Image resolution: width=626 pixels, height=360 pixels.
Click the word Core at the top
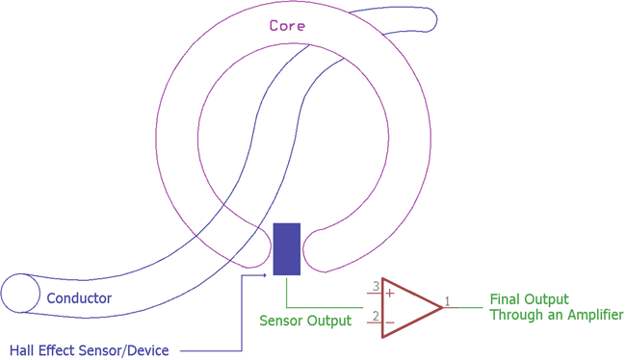(x=288, y=26)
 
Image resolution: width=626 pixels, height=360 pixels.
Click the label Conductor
(x=79, y=298)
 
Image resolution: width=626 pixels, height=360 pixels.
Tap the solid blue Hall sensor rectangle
(x=287, y=248)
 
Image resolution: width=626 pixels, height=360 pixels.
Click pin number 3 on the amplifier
(x=375, y=286)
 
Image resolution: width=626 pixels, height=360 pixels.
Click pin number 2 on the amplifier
(x=375, y=315)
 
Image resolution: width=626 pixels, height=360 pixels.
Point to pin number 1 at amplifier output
(x=447, y=302)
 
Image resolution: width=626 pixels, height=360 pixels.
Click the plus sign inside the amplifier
(x=390, y=292)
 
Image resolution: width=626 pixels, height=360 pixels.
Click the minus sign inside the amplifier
(x=390, y=321)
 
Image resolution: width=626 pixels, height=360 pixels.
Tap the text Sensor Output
(x=305, y=321)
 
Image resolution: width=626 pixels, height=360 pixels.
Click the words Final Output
(x=529, y=298)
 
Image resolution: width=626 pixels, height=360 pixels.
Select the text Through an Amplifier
(x=556, y=315)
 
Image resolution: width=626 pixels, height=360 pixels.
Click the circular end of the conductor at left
(x=18, y=293)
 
